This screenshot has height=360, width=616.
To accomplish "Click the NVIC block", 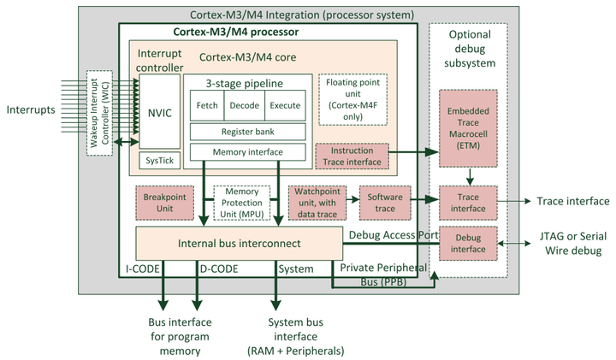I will [160, 111].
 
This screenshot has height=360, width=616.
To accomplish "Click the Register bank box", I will [246, 132].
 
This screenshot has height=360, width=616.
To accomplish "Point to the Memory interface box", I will [246, 152].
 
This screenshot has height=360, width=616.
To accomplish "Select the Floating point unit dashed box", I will [352, 98].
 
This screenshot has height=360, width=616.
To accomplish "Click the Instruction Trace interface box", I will [352, 156].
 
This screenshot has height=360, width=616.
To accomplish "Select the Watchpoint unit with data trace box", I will [317, 203].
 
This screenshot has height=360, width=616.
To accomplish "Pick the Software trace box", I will [384, 203].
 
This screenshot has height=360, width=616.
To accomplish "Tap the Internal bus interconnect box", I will [238, 243].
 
